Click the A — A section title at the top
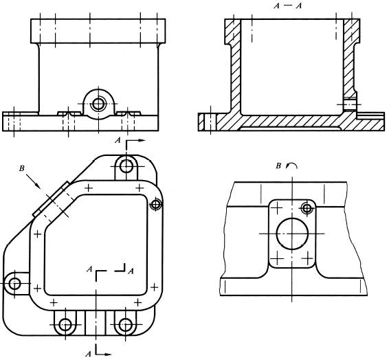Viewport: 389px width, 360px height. [288, 5]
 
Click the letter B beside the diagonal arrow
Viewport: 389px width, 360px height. [22, 168]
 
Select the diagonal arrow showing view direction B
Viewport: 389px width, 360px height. [34, 181]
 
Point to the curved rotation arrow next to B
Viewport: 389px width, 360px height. [291, 166]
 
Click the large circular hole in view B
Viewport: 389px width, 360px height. [292, 234]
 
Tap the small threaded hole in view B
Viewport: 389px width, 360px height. [307, 208]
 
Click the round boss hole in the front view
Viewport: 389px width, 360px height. [98, 104]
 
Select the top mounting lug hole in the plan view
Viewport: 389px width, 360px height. [126, 166]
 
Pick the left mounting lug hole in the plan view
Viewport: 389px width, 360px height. [14, 284]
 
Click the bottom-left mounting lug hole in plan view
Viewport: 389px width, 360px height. [65, 324]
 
